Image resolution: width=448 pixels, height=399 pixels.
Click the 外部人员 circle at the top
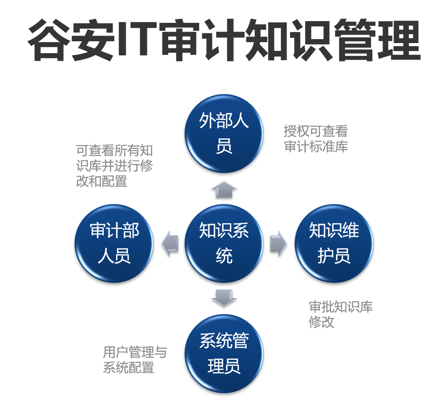(x=224, y=134)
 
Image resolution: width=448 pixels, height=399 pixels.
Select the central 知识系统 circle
(x=224, y=243)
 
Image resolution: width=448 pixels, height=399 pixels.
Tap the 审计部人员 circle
(x=114, y=243)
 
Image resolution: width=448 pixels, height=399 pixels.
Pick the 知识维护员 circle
(x=334, y=243)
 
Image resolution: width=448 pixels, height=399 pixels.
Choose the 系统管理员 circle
(x=224, y=353)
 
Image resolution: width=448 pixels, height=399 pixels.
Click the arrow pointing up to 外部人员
(x=224, y=189)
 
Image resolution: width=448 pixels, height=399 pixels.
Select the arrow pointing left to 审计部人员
(x=170, y=243)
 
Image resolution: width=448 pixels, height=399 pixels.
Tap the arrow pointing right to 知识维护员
(x=278, y=243)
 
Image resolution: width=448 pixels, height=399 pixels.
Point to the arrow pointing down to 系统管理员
(x=224, y=297)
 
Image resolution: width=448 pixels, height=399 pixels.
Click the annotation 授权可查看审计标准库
(x=316, y=138)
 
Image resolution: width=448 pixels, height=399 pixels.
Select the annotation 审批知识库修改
(x=341, y=314)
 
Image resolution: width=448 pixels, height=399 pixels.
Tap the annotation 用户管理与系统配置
(x=135, y=359)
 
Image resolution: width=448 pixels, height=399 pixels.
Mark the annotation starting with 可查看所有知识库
(x=114, y=166)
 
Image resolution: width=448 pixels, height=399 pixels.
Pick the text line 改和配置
(x=102, y=181)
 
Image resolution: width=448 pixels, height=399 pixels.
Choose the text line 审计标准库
(x=316, y=146)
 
